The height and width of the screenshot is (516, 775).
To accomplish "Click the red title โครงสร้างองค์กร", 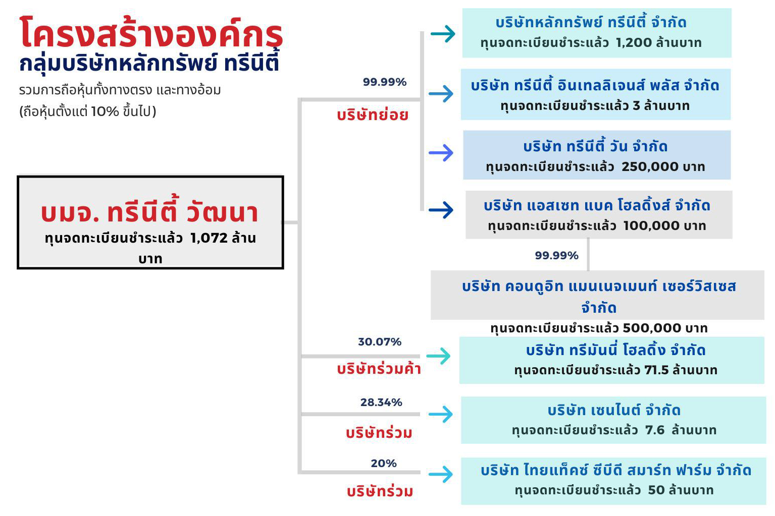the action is point(151,33).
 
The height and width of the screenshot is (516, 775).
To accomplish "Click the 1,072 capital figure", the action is point(209,238).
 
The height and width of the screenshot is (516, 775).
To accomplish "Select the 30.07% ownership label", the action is point(380,342).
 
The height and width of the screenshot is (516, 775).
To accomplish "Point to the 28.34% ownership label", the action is point(381,403).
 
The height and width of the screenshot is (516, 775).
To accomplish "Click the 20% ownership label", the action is point(383,463).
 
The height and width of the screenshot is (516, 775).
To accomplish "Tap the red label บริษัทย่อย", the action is point(373,115).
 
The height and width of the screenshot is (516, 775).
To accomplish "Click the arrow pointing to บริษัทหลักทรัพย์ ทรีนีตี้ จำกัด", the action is point(443,34).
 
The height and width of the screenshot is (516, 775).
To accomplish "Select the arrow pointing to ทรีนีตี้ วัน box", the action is point(441,153).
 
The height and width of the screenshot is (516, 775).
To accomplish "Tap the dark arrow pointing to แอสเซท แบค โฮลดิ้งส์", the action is point(441,210).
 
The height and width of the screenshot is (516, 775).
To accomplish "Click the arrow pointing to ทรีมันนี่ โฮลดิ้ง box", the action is point(438,356).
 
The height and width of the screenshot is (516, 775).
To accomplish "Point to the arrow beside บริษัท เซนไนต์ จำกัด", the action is point(441,414).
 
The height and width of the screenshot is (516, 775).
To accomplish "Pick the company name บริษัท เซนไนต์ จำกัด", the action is point(614,411).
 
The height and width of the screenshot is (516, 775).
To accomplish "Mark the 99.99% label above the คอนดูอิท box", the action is point(556,255).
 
